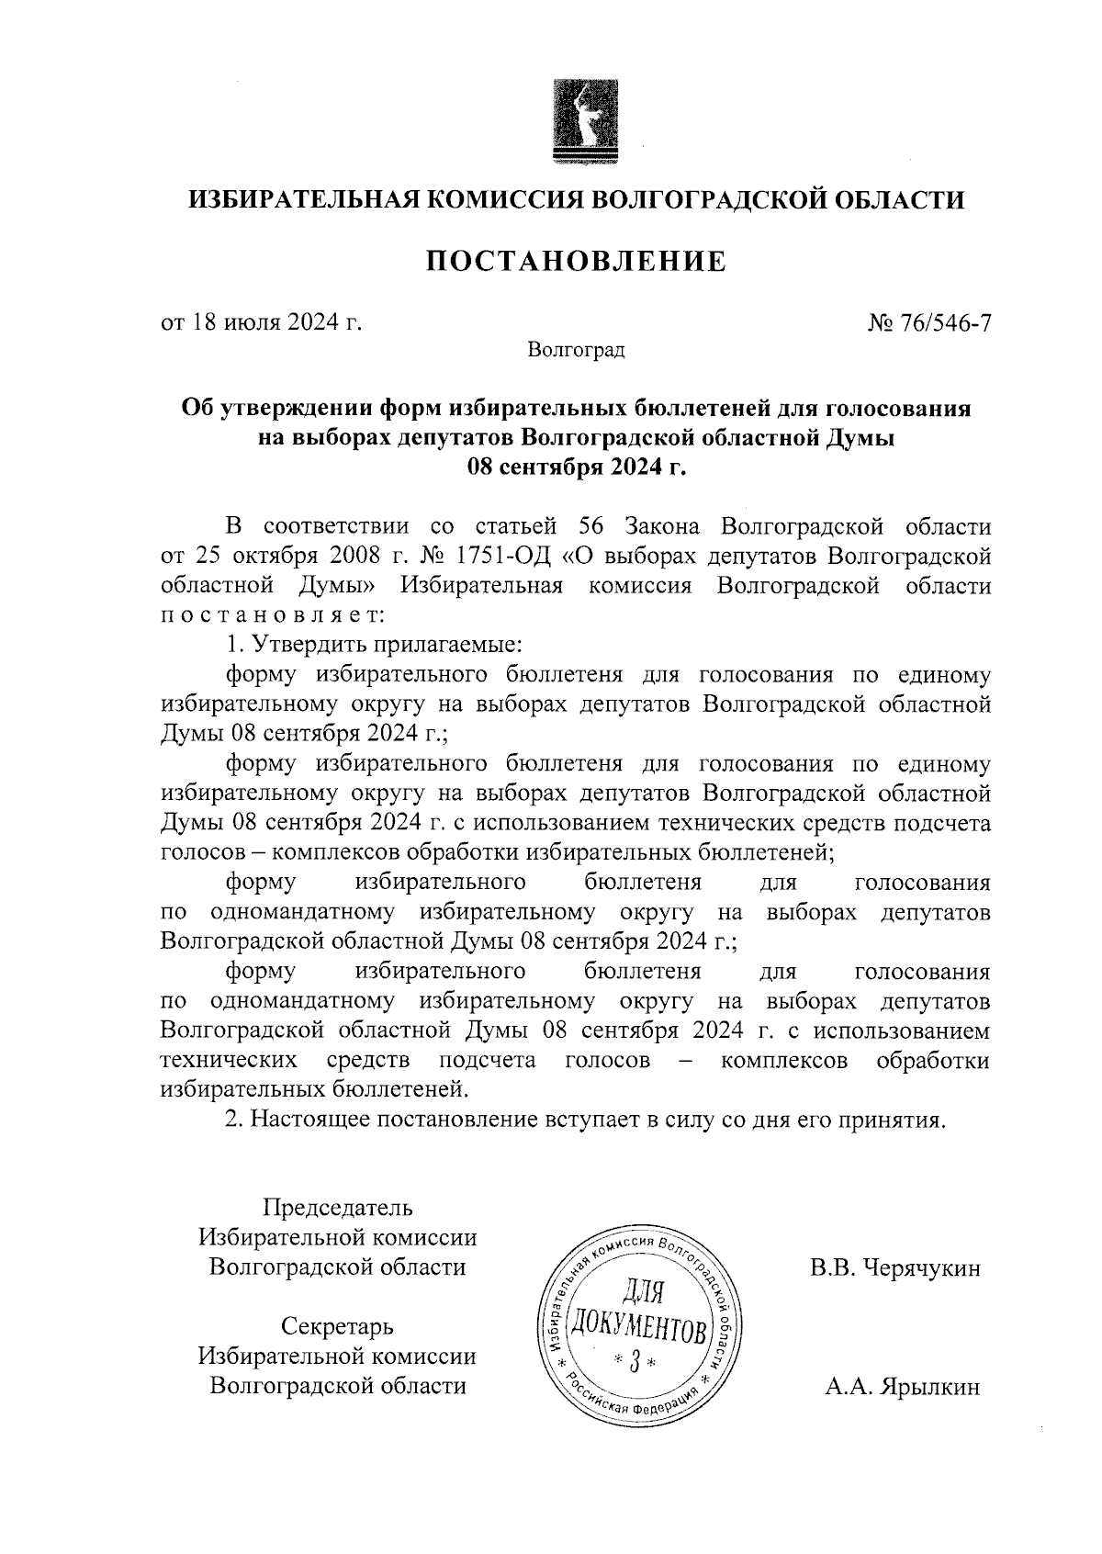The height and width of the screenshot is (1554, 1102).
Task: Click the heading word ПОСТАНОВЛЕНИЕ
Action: click(x=576, y=263)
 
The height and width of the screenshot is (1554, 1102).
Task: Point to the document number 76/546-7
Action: click(x=946, y=322)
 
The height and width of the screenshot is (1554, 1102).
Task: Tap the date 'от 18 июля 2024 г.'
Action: click(x=261, y=322)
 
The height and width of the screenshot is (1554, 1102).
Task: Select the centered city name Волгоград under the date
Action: click(x=576, y=350)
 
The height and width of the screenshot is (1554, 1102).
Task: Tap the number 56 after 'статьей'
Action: click(x=596, y=527)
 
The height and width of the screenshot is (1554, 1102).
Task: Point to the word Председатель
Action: click(x=338, y=1207)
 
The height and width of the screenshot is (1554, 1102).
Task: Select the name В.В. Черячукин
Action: click(x=894, y=1268)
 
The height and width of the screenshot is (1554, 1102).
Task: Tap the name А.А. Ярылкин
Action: click(x=902, y=1387)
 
